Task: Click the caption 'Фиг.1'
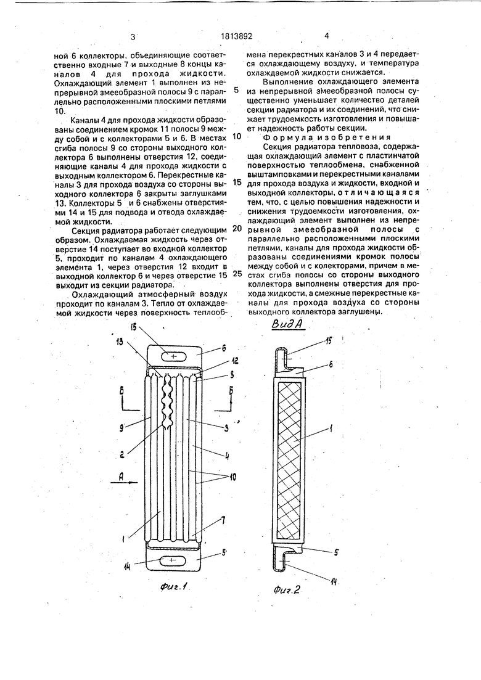173,587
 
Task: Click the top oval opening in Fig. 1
173,356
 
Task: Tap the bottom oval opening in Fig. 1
172,559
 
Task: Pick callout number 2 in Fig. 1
123,454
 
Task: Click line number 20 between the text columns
237,227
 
